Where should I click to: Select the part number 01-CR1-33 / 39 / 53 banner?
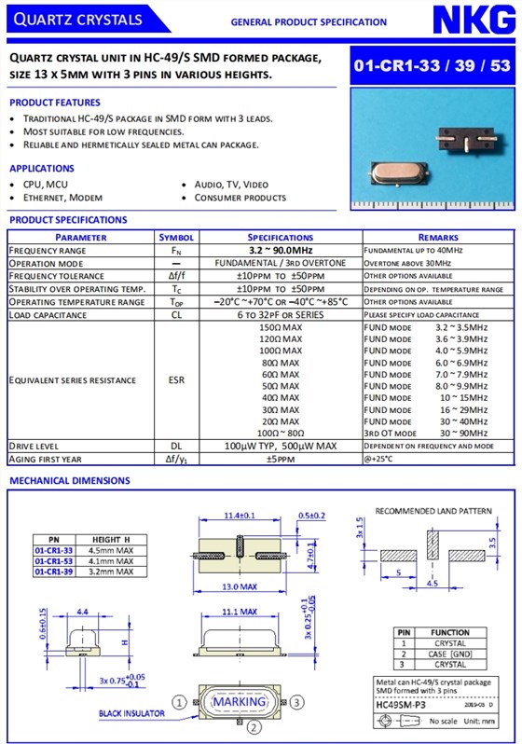[x=432, y=66]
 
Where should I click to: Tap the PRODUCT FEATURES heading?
[x=55, y=103]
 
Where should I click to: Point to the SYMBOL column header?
[x=176, y=238]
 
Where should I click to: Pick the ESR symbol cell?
[x=176, y=380]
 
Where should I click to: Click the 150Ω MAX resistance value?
[x=281, y=328]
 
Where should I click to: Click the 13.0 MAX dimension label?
[x=240, y=587]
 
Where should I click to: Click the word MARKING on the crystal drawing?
[x=240, y=702]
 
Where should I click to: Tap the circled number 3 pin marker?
[x=296, y=702]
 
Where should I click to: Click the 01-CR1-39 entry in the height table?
[x=54, y=572]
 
